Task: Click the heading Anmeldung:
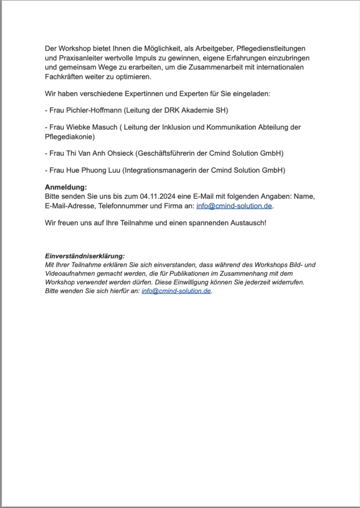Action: [65, 187]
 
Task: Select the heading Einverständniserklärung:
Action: [84, 256]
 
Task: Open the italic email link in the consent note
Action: [177, 291]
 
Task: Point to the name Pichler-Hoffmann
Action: [95, 110]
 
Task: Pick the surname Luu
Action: [111, 170]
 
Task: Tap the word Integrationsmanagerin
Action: [159, 170]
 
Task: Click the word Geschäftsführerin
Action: [167, 153]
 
